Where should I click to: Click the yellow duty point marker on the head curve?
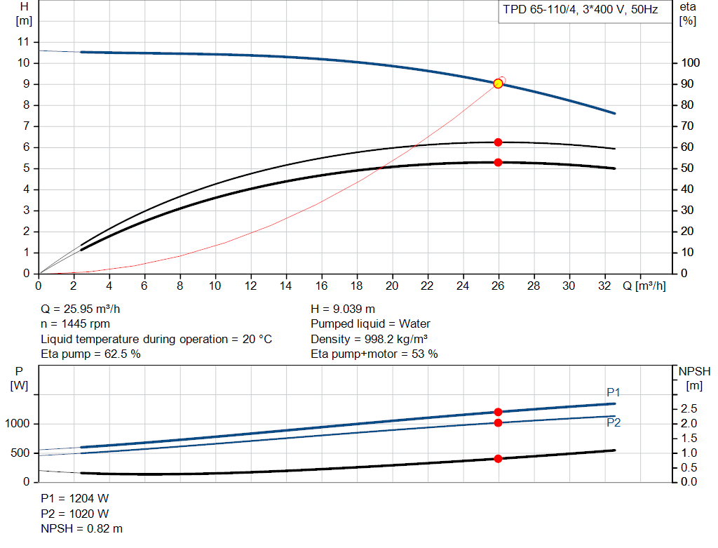pyautogui.click(x=499, y=83)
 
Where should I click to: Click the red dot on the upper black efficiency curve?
pyautogui.click(x=499, y=142)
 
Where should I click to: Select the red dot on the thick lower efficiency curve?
pyautogui.click(x=499, y=163)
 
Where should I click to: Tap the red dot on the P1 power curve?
pyautogui.click(x=499, y=412)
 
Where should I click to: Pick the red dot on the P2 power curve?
pyautogui.click(x=499, y=422)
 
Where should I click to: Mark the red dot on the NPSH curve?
pyautogui.click(x=499, y=459)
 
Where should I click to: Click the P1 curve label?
pyautogui.click(x=613, y=392)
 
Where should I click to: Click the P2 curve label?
pyautogui.click(x=614, y=422)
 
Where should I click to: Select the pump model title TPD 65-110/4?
pyautogui.click(x=539, y=10)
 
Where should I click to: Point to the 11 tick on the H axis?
pyautogui.click(x=23, y=42)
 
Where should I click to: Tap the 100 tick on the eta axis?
pyautogui.click(x=690, y=62)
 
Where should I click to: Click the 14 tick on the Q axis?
pyautogui.click(x=286, y=286)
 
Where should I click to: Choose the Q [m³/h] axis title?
pyautogui.click(x=644, y=286)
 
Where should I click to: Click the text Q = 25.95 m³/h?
pyautogui.click(x=81, y=309)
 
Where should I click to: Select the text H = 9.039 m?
pyautogui.click(x=343, y=309)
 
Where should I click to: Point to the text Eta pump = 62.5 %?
pyautogui.click(x=90, y=354)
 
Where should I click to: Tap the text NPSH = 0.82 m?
pyautogui.click(x=81, y=529)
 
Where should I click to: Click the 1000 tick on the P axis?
pyautogui.click(x=17, y=424)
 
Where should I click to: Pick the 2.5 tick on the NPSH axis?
pyautogui.click(x=689, y=408)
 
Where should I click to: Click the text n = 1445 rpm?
pyautogui.click(x=76, y=324)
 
